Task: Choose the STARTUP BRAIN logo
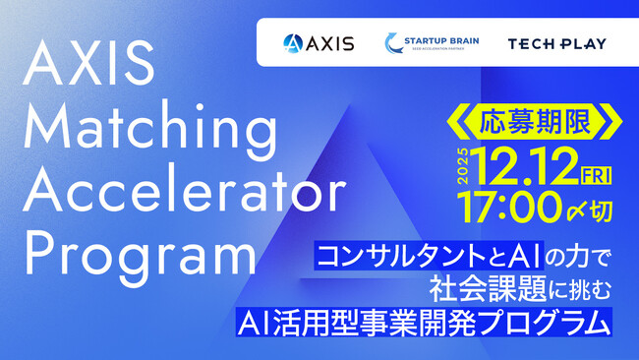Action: tap(425, 42)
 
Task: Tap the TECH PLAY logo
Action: tap(556, 43)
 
